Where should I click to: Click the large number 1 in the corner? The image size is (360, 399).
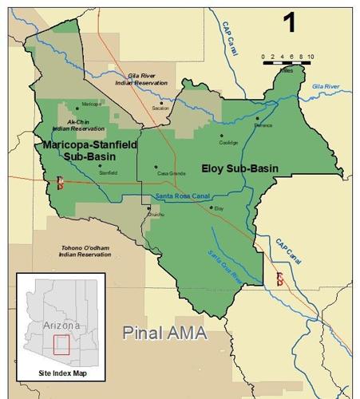(288, 22)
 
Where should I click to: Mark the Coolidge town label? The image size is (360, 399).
(228, 143)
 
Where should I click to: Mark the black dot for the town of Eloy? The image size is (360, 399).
(211, 208)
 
